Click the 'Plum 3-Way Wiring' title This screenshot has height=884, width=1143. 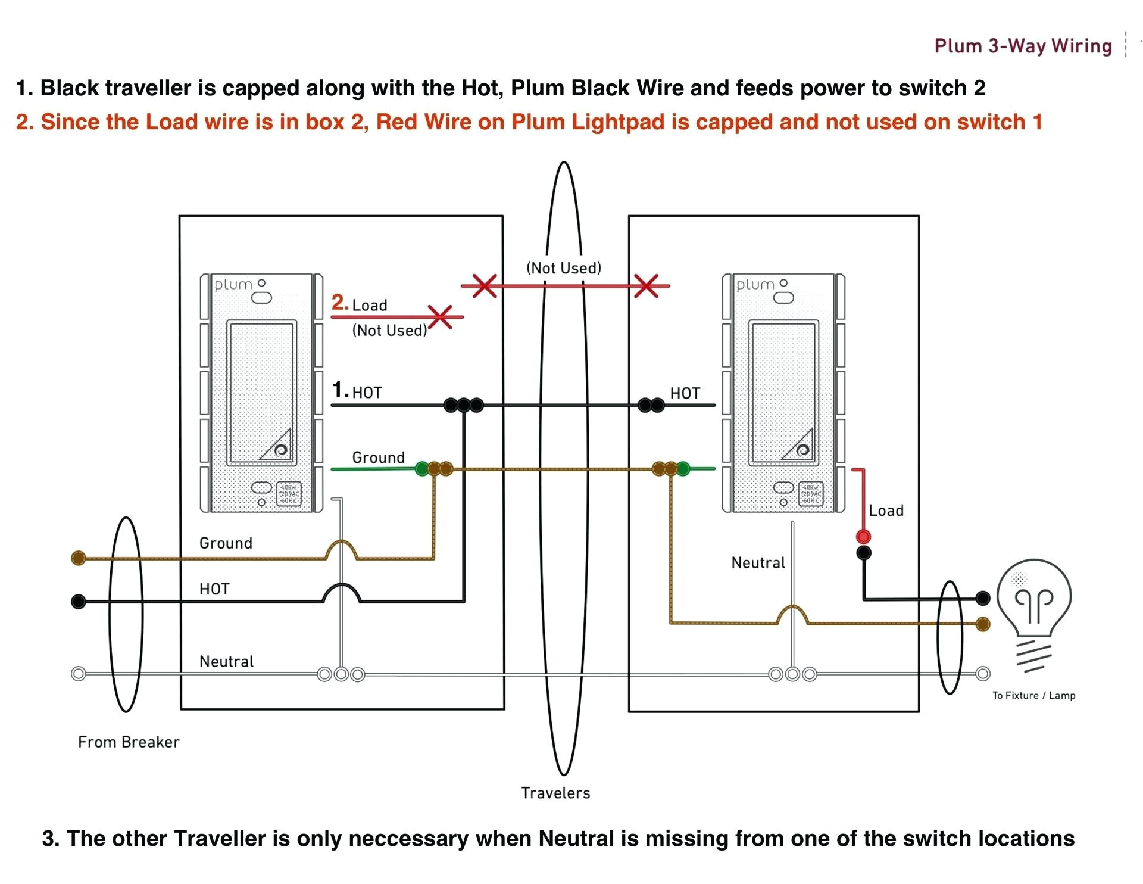pos(1023,46)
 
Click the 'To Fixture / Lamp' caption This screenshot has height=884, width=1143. pos(1033,695)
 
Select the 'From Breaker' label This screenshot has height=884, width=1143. pos(129,742)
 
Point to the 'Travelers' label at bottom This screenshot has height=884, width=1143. pos(555,793)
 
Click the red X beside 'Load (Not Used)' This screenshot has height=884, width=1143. pos(441,316)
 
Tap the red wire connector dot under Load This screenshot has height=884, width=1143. pos(863,536)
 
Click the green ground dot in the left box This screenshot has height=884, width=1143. pos(422,469)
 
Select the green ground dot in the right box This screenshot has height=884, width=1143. pos(683,469)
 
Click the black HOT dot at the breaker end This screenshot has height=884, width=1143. pos(78,602)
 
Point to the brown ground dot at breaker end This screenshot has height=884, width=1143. pos(78,558)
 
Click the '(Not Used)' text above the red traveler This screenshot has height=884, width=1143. pos(564,268)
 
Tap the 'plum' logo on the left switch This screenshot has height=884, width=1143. pos(233,285)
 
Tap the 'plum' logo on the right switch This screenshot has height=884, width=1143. pos(755,285)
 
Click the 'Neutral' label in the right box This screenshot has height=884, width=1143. pos(758,562)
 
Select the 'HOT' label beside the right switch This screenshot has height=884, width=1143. pos(685,393)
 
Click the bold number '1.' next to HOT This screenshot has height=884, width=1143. pos(340,390)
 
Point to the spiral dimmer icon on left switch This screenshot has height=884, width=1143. pos(280,450)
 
